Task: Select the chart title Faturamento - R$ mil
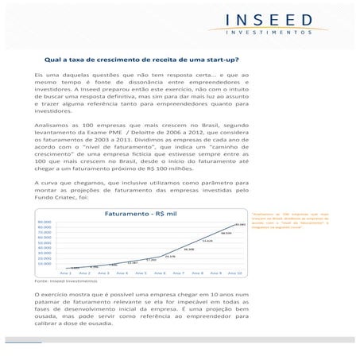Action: coord(141,214)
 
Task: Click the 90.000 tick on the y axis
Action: coord(44,222)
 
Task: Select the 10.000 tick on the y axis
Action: coord(44,263)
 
